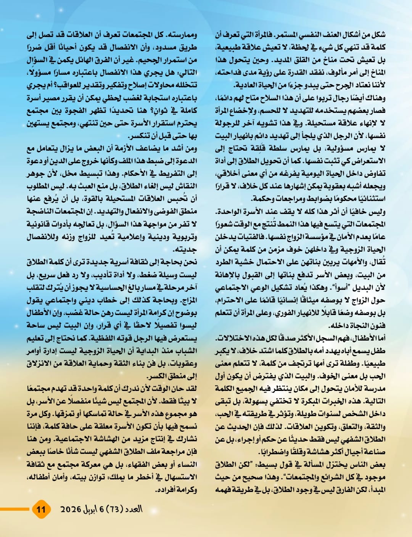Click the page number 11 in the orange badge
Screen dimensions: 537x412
click(41, 509)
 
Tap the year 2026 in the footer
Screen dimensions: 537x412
click(71, 509)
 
